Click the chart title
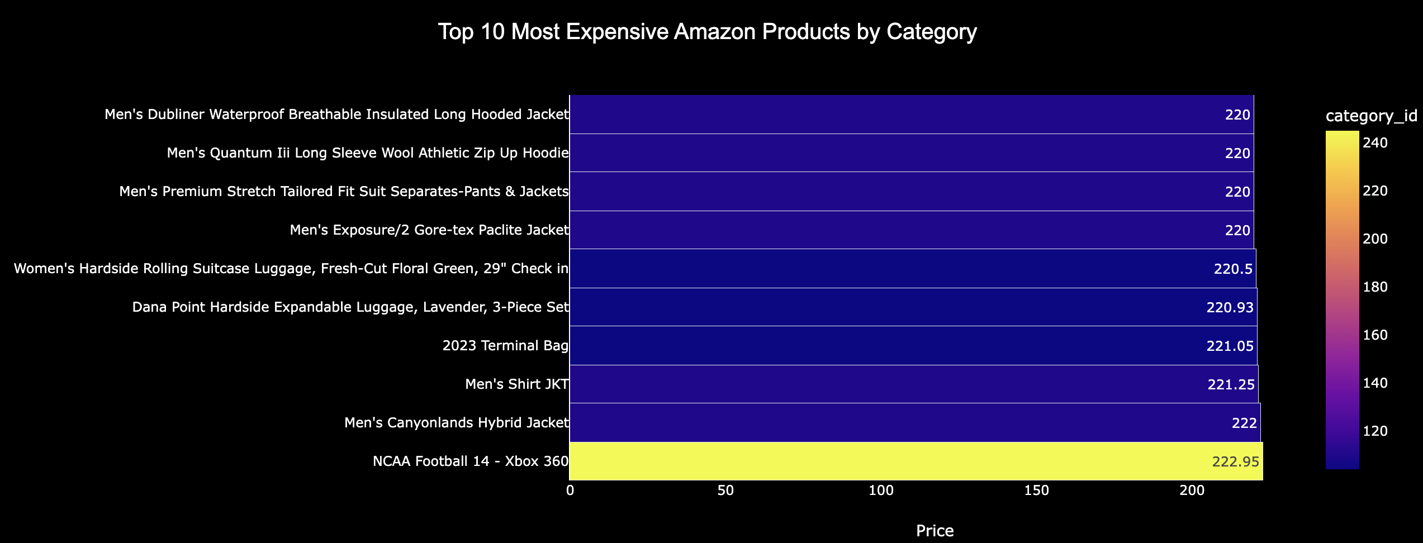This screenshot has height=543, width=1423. point(707,32)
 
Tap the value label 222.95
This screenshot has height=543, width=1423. point(1235,461)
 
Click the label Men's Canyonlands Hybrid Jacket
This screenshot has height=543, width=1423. point(457,423)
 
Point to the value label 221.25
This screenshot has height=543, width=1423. point(1231,384)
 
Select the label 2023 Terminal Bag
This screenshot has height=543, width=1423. point(505,346)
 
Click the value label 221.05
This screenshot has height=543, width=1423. point(1230,346)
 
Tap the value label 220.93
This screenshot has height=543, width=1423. point(1230,307)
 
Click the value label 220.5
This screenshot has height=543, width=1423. point(1233,269)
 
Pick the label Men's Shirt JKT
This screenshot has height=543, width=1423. point(517,384)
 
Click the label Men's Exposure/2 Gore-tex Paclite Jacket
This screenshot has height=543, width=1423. point(429,230)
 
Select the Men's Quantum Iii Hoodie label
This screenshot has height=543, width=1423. point(368,153)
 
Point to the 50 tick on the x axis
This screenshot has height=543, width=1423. point(725,491)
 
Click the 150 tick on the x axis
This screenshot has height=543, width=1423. point(1036,491)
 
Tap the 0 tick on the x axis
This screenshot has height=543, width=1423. point(570,491)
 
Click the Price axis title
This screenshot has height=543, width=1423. point(935,531)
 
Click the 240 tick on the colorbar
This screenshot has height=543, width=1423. point(1375,143)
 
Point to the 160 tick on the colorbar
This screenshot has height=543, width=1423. point(1375,335)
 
